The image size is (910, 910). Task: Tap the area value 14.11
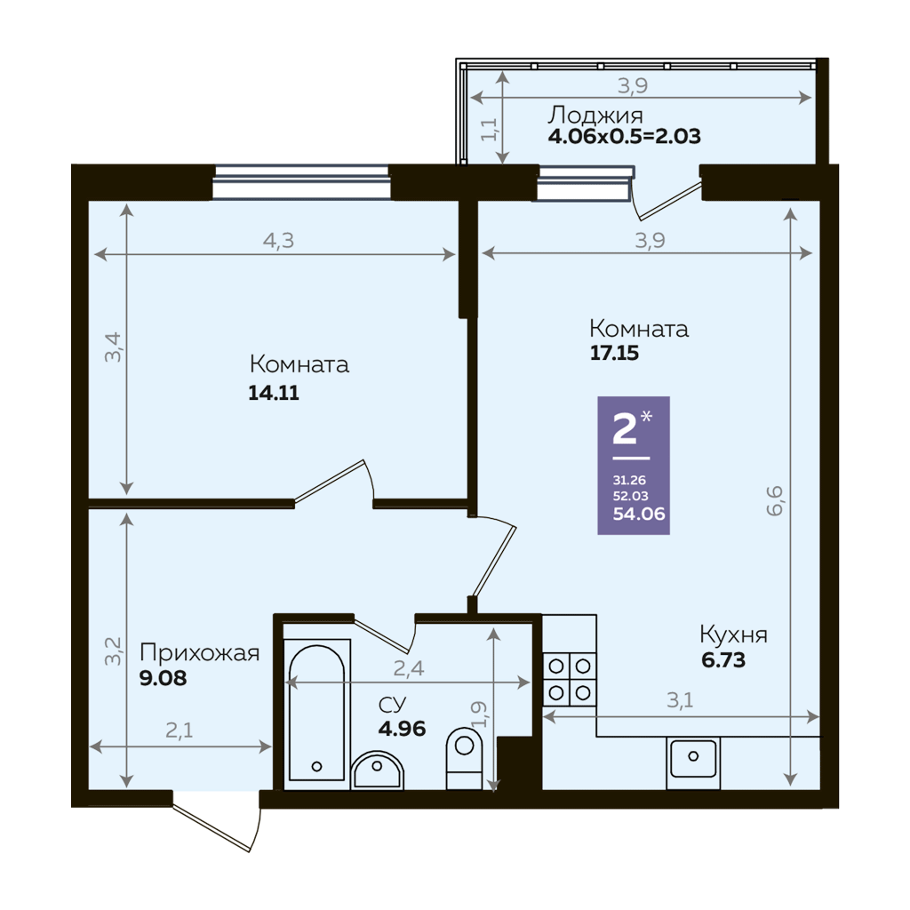click(x=274, y=393)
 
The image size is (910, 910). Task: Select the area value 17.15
click(x=614, y=353)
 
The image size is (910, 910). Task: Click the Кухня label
click(x=733, y=635)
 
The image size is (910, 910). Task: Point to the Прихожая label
click(x=200, y=653)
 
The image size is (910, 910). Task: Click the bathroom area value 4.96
click(x=402, y=728)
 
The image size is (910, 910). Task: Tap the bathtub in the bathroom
click(x=317, y=713)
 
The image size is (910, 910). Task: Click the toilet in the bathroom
click(x=464, y=758)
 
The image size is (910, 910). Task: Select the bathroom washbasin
click(x=377, y=770)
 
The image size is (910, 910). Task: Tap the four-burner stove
click(x=570, y=679)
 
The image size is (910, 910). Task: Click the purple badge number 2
click(x=625, y=430)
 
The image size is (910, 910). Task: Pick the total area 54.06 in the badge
click(x=639, y=514)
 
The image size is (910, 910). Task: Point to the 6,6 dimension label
click(x=775, y=501)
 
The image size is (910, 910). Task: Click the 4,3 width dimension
click(x=278, y=240)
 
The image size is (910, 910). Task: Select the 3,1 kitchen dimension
click(x=680, y=700)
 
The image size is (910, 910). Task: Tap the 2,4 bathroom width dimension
click(x=409, y=668)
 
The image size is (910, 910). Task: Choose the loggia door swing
click(x=667, y=202)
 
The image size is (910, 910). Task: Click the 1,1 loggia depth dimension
click(x=489, y=129)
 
